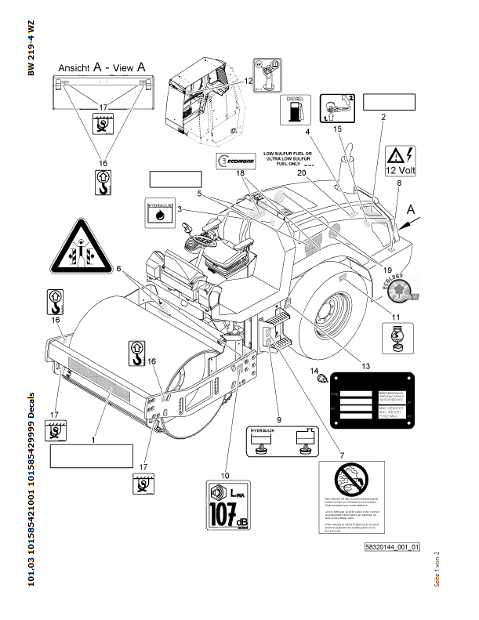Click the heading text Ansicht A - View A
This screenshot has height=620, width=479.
98,68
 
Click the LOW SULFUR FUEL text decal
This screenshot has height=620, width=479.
288,158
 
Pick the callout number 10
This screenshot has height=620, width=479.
225,473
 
